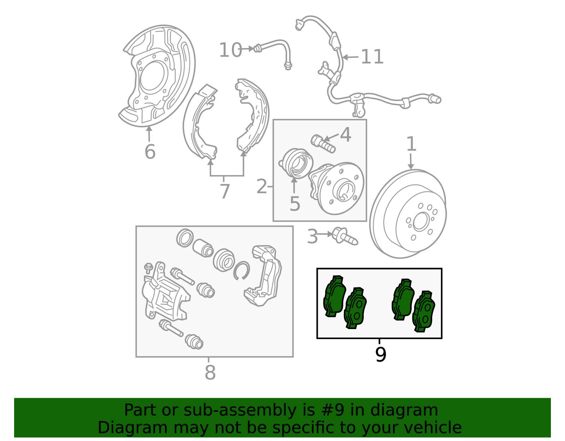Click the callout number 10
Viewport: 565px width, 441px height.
coord(230,50)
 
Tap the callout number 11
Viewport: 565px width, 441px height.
coord(372,57)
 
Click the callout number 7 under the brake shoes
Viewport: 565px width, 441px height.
coord(225,191)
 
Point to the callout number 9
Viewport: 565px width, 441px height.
coord(381,354)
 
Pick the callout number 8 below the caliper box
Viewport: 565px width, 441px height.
coord(210,373)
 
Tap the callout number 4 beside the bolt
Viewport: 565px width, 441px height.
coord(346,135)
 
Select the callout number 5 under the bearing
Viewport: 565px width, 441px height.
coord(295,204)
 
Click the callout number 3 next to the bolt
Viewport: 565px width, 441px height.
coord(312,237)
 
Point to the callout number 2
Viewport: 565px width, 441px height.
coord(262,186)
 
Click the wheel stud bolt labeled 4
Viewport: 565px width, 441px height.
coord(323,144)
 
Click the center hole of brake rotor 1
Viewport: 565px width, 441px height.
coord(421,222)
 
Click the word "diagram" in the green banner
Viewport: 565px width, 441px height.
coord(404,410)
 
